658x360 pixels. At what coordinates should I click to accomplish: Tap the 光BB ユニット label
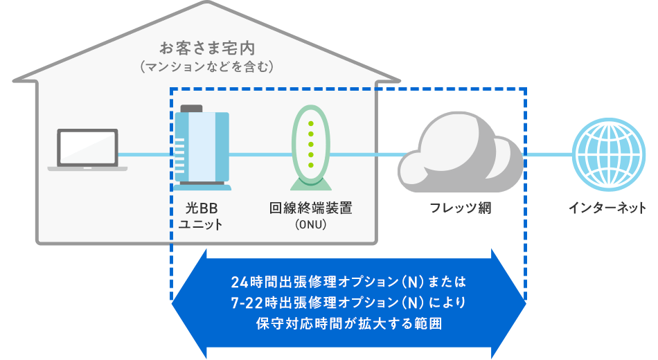click(201, 215)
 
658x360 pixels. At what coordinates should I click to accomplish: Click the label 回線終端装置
click(310, 208)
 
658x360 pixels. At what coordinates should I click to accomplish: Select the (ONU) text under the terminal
click(310, 225)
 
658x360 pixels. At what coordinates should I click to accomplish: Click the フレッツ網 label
click(460, 208)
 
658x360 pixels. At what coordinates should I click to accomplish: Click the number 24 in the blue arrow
click(239, 283)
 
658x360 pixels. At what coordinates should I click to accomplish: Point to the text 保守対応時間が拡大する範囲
click(348, 323)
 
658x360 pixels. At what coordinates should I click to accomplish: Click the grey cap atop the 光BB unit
click(192, 108)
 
